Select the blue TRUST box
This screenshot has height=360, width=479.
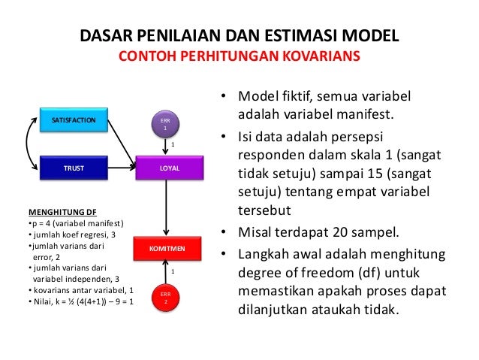coord(73,169)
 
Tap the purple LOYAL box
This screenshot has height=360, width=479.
coord(169,169)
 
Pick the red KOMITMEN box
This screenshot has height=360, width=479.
coord(167,247)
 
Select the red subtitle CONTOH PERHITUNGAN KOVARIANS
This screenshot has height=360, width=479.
coord(239,57)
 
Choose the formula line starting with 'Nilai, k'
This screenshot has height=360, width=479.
coord(80,301)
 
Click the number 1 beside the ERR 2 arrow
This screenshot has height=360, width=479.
coord(173,270)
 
